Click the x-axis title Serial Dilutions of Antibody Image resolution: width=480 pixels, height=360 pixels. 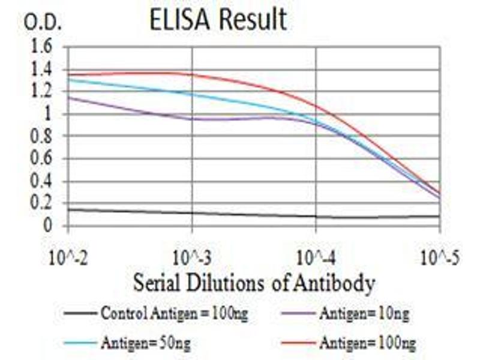tap(254, 281)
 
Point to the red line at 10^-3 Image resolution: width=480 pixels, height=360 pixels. tap(192, 75)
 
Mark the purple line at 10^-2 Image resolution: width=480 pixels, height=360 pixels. tap(69, 97)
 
